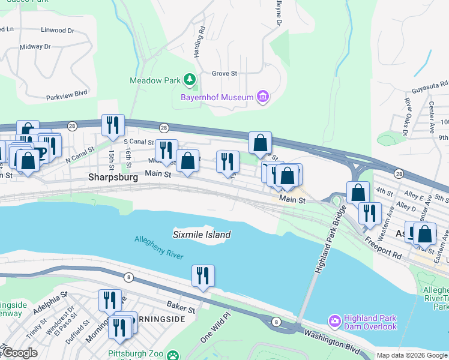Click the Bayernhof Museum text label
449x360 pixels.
pyautogui.click(x=217, y=97)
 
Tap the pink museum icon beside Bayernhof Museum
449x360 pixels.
pyautogui.click(x=262, y=96)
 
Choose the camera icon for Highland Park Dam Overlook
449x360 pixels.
pyautogui.click(x=334, y=322)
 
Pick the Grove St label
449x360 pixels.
pyautogui.click(x=225, y=74)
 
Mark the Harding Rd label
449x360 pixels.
pyautogui.click(x=199, y=41)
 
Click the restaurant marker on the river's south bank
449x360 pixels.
pyautogui.click(x=203, y=276)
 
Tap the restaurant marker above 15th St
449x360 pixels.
pyautogui.click(x=113, y=125)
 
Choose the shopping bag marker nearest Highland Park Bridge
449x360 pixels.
pyautogui.click(x=358, y=193)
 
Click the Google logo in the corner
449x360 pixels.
pyautogui.click(x=20, y=353)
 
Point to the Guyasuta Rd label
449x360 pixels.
pyautogui.click(x=430, y=87)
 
